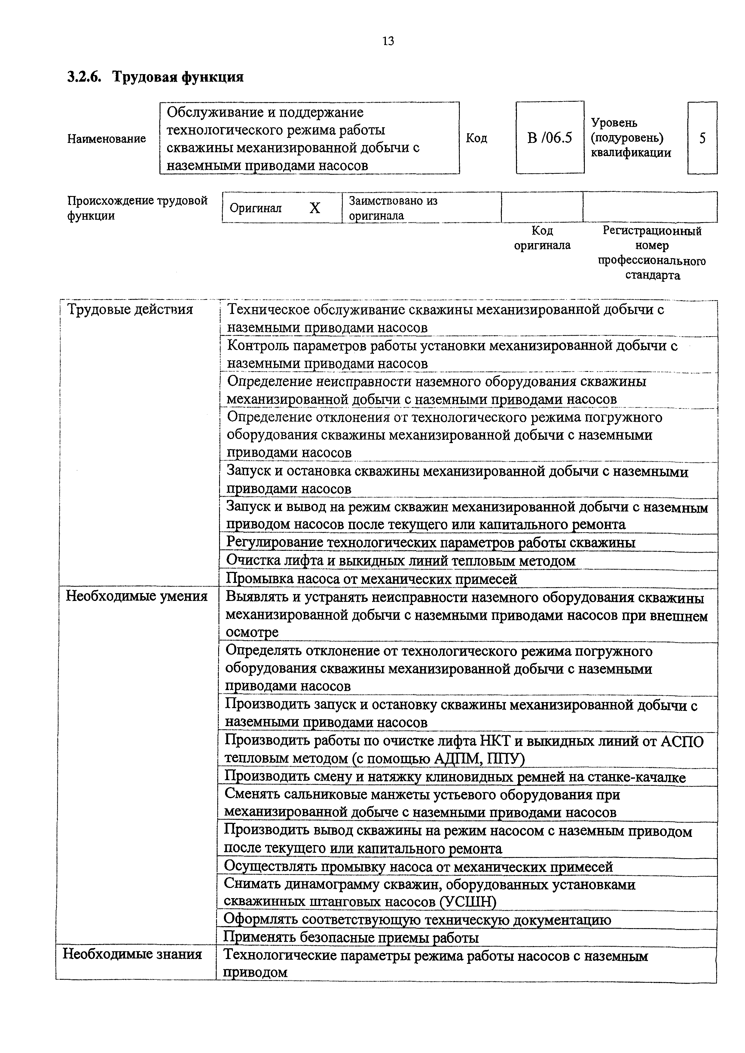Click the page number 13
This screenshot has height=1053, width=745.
tap(388, 41)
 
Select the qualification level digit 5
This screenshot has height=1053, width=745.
tap(702, 138)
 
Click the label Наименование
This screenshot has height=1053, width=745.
tap(106, 138)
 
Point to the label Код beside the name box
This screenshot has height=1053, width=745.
tap(476, 138)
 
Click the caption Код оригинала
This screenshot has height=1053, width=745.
tap(542, 237)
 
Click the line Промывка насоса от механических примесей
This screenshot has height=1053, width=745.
tap(372, 579)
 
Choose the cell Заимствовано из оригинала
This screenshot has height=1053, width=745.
tap(393, 208)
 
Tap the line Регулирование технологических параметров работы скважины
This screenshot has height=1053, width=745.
tap(431, 542)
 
